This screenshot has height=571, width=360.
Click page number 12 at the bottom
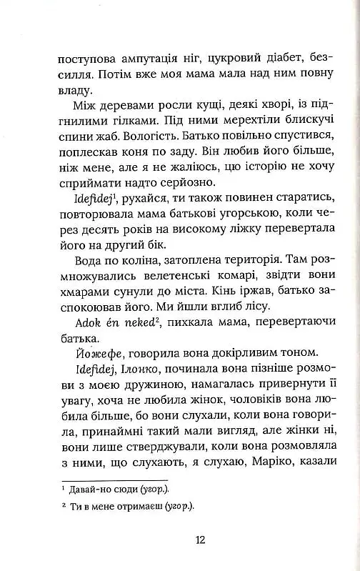pos(180,540)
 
